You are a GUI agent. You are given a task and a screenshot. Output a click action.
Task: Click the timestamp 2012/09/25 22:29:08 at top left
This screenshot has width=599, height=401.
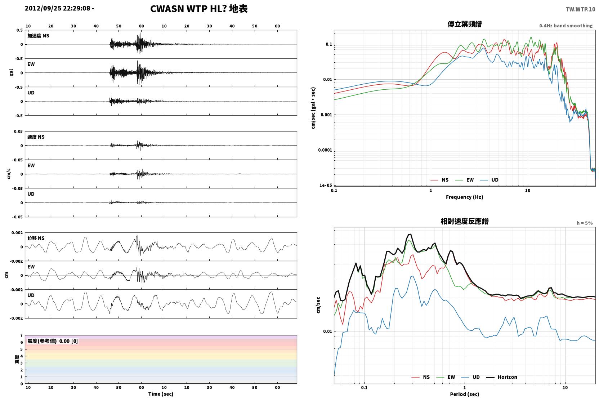(58, 8)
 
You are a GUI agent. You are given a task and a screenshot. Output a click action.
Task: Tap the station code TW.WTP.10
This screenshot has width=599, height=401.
(580, 9)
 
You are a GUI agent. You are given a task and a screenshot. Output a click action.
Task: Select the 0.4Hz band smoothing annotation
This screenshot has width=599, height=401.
(566, 26)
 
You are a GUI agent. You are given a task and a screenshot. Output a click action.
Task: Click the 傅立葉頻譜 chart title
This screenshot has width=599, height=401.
(465, 24)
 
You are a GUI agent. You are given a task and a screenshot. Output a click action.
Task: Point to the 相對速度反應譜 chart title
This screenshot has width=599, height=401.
(465, 221)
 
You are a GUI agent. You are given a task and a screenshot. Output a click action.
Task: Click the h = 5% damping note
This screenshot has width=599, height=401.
(585, 223)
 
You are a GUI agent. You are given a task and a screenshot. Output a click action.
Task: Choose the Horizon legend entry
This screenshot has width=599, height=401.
(501, 377)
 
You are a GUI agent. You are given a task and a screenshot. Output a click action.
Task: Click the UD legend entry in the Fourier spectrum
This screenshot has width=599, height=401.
(490, 180)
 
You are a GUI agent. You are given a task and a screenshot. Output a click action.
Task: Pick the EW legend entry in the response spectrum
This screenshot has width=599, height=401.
(446, 377)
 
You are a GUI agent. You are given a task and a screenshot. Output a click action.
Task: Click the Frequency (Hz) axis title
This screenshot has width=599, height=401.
(465, 197)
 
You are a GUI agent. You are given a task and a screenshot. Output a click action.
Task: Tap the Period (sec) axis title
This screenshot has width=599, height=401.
(465, 394)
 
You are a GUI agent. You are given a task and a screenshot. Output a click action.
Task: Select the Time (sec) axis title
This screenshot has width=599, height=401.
(161, 394)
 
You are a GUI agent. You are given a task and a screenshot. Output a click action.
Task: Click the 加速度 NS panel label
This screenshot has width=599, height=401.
(38, 36)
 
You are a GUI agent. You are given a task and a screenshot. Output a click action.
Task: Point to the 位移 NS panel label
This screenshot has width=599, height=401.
(36, 238)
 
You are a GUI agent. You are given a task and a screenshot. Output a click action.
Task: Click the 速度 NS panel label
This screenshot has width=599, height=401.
(36, 137)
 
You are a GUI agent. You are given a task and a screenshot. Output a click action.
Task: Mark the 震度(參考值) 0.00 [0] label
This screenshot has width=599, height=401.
(53, 341)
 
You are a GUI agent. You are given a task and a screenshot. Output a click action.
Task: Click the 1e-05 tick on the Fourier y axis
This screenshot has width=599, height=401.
(326, 185)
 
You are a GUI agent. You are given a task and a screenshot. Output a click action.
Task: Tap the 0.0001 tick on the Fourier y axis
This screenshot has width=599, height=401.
(325, 150)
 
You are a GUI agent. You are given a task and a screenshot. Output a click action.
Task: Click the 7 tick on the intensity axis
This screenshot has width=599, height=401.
(21, 335)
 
